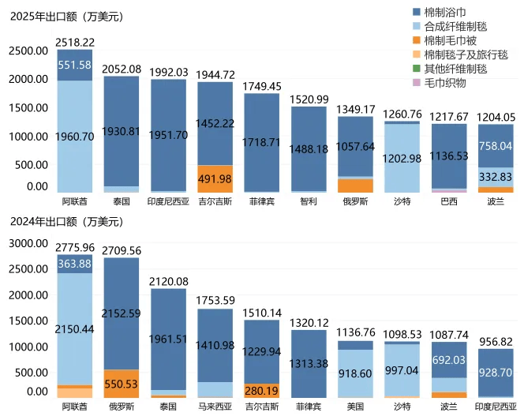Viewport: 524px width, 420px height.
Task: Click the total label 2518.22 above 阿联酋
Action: (x=75, y=42)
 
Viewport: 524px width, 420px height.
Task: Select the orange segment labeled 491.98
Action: (x=215, y=179)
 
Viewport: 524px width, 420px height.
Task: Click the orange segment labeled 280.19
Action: (x=261, y=390)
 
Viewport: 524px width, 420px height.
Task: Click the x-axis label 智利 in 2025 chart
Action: (x=308, y=201)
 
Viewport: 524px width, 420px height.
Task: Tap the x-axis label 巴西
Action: (x=448, y=201)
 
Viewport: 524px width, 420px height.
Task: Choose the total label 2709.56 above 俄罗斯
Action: (x=122, y=251)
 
